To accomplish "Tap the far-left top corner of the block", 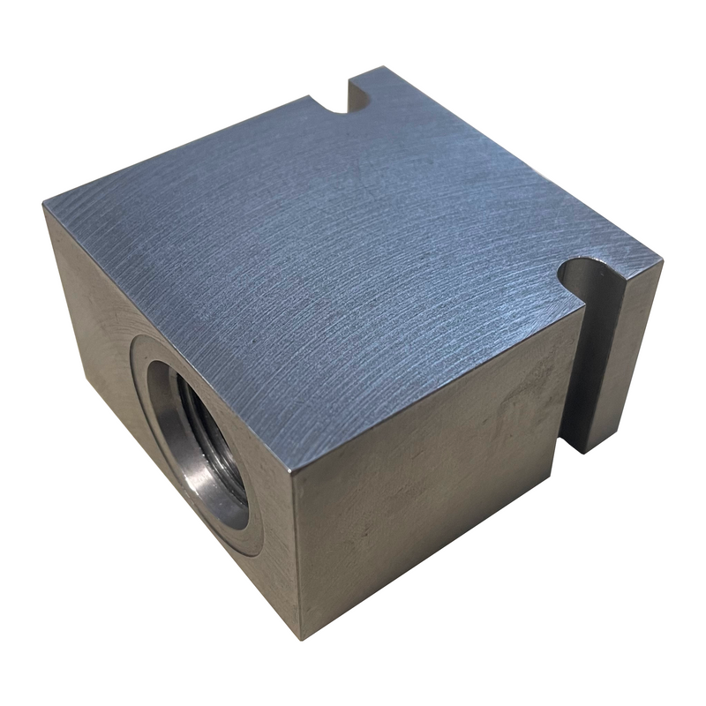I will coord(44,205).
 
